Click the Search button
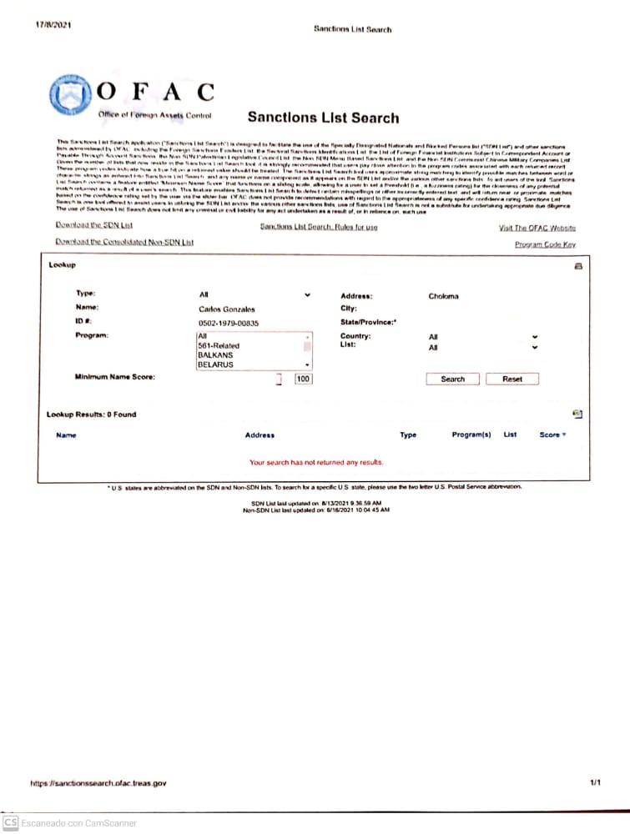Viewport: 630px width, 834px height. coord(452,379)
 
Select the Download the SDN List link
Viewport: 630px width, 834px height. coord(93,226)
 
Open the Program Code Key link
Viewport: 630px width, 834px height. coord(545,244)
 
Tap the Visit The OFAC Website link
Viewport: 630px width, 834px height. coord(537,228)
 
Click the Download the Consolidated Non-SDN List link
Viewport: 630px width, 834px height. coord(123,242)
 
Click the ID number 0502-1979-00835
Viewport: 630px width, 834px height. coord(229,322)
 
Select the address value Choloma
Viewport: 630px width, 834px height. coord(443,296)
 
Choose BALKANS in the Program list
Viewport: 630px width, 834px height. coord(215,355)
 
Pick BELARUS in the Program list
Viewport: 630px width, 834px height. coord(215,365)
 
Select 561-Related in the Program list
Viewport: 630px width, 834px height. coord(219,345)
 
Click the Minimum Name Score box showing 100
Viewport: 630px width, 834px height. coord(303,379)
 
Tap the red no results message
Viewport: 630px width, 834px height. coord(316,461)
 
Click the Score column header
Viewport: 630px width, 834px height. coord(551,435)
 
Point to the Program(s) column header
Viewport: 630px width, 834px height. coord(471,435)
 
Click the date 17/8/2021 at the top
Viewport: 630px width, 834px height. coord(53,25)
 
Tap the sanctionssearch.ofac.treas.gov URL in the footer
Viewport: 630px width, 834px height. coord(98,783)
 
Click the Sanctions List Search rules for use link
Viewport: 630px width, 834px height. coord(318,227)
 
